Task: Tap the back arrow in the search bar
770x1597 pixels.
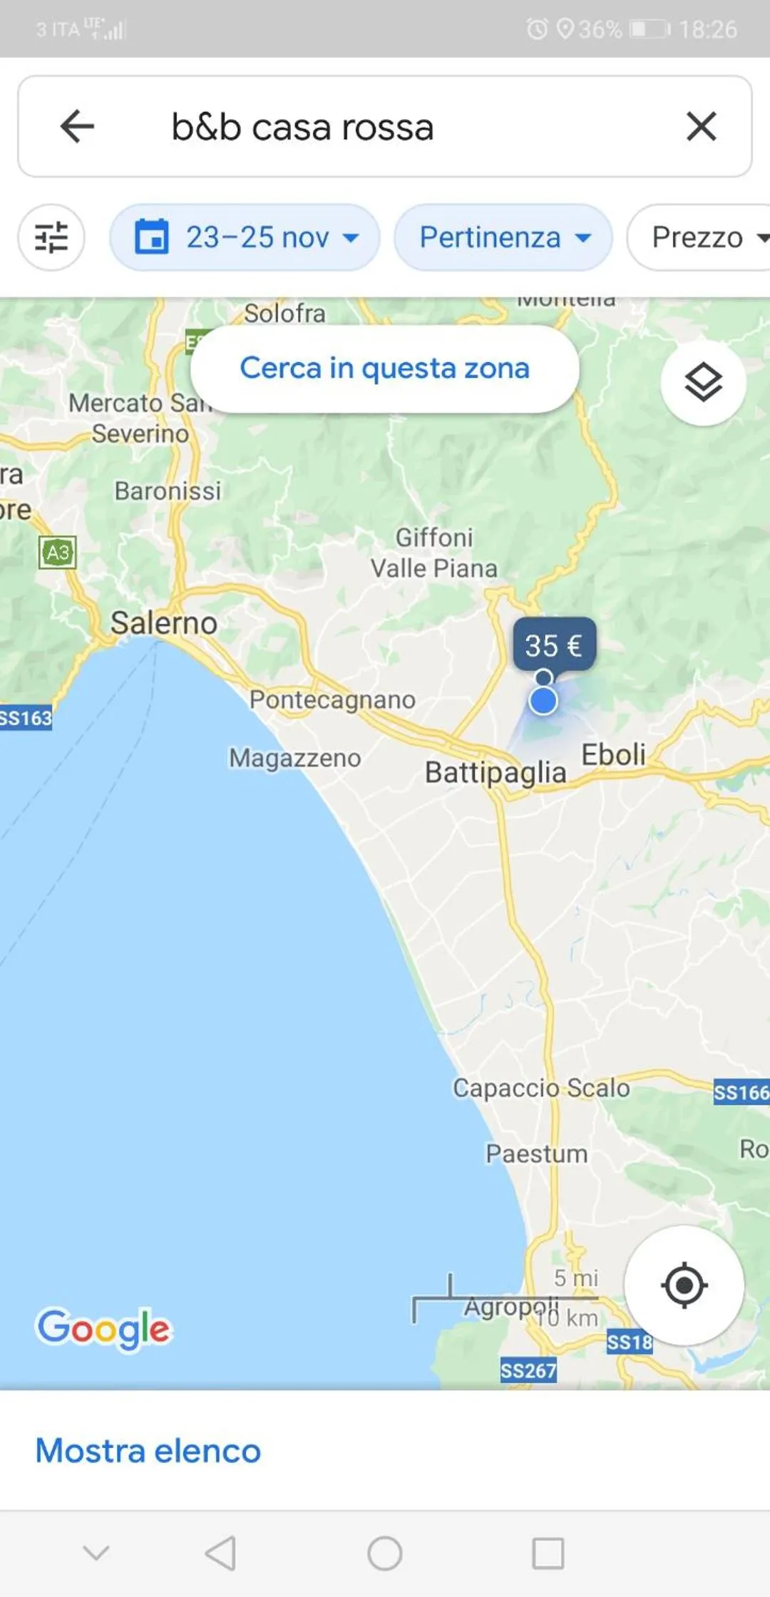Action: pos(77,127)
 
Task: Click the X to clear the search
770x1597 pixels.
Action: pos(701,127)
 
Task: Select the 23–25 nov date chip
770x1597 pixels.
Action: pos(245,237)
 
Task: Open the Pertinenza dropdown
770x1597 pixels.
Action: pos(503,237)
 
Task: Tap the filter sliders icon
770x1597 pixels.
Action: pos(51,237)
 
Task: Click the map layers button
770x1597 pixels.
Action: pos(703,383)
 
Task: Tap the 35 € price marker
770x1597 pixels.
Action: pos(554,645)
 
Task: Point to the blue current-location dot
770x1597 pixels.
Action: pos(543,701)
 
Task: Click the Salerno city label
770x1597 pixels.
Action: pos(163,623)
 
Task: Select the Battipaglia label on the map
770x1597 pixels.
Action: pos(496,772)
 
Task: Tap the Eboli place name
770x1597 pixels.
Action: pos(613,754)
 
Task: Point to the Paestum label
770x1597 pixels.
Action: pos(537,1154)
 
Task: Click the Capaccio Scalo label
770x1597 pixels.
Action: pos(541,1088)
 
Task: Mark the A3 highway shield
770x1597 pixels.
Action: pos(58,553)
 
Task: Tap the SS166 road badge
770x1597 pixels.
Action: pos(741,1092)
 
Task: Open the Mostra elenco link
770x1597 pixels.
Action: pos(148,1450)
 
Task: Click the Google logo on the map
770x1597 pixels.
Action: pos(104,1329)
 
